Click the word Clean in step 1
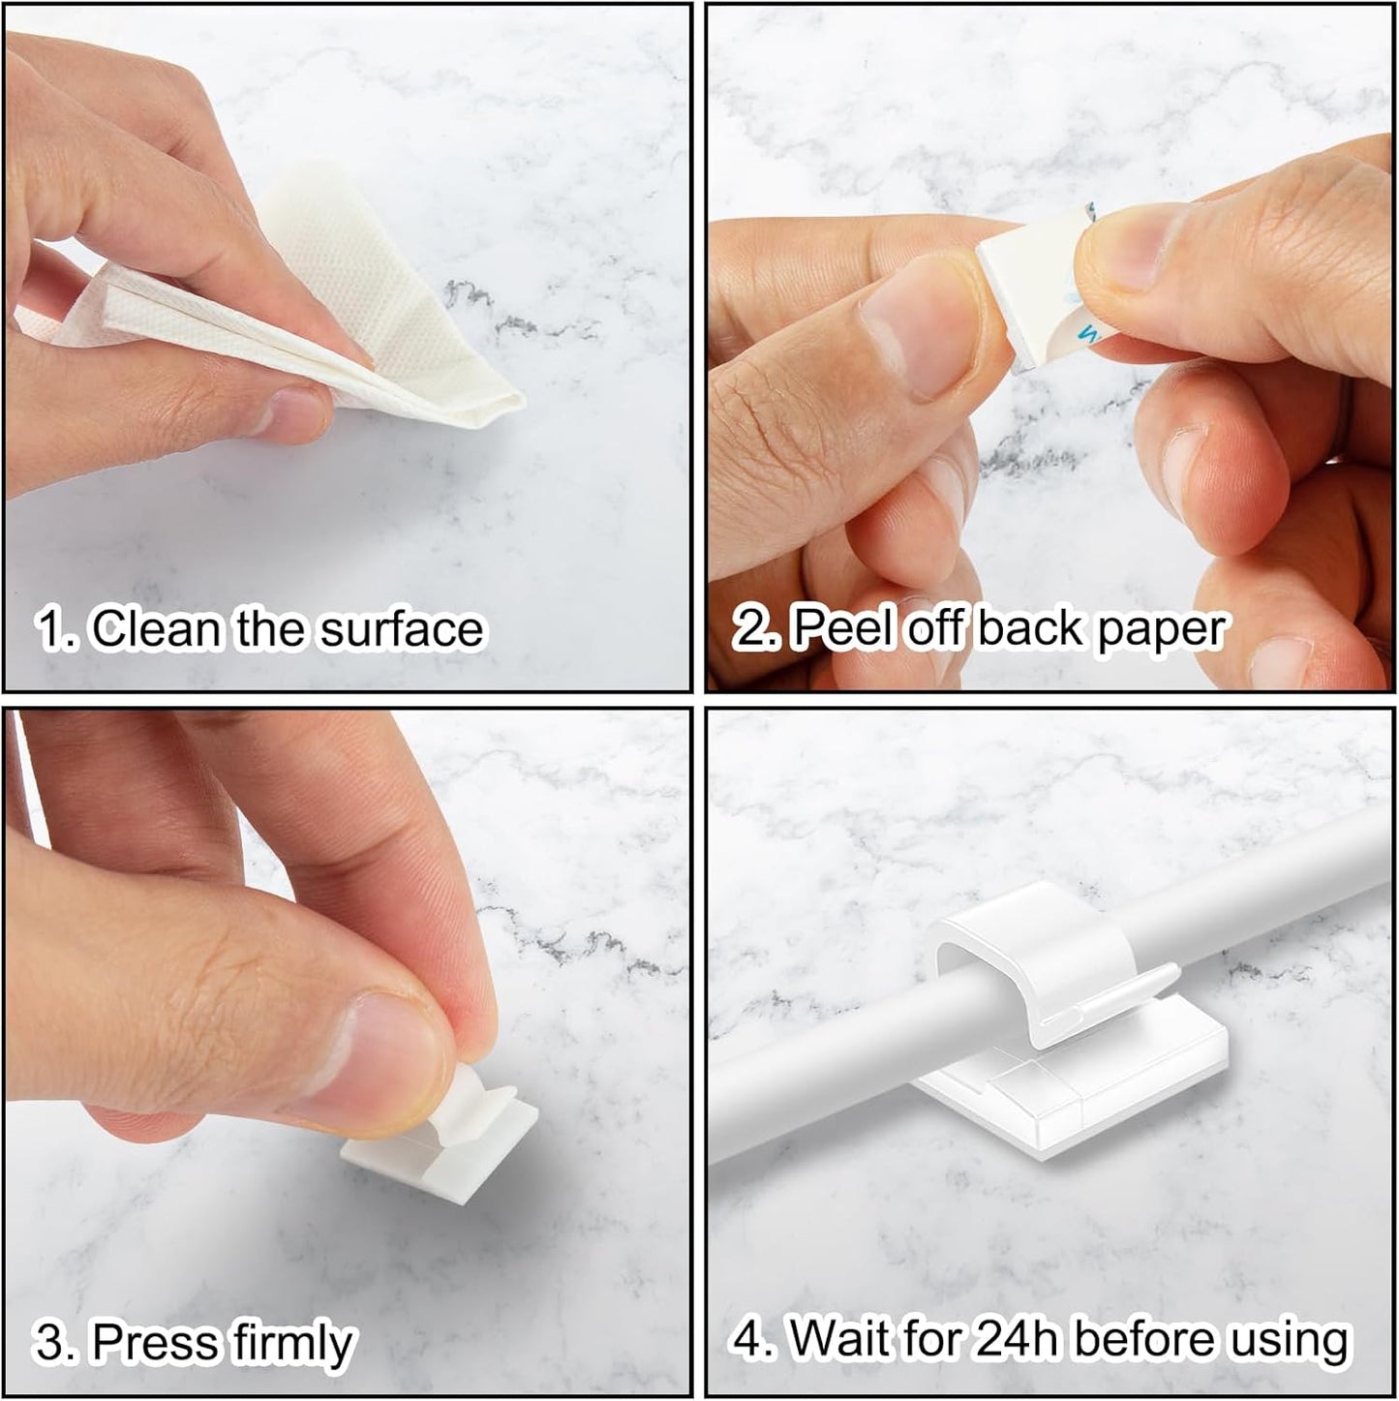pos(155,629)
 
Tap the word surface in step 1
pos(402,629)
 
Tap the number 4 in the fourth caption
pos(751,1340)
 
